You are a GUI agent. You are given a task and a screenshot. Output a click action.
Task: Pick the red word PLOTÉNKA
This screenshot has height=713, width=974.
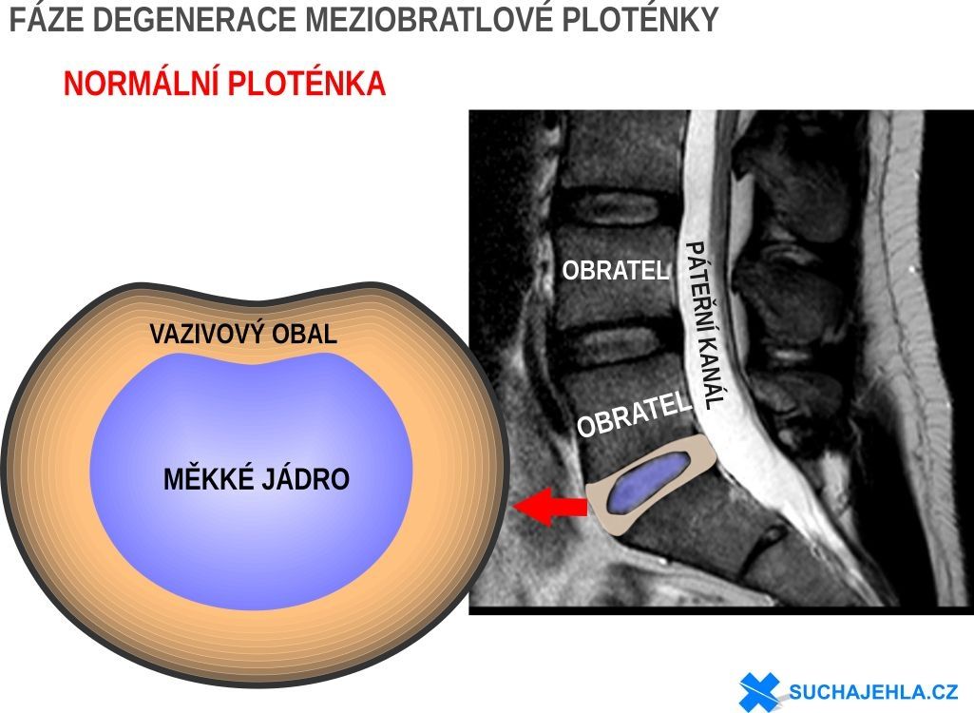pyautogui.click(x=307, y=84)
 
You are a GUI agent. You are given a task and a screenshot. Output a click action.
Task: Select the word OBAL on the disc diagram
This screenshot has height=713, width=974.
pyautogui.click(x=304, y=334)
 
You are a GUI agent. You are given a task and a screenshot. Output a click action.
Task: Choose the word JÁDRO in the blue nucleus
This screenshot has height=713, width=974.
pyautogui.click(x=303, y=478)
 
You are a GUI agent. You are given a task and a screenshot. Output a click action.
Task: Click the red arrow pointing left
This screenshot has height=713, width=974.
pyautogui.click(x=550, y=506)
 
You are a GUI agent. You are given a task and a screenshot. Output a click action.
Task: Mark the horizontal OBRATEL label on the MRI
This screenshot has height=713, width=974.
pyautogui.click(x=616, y=270)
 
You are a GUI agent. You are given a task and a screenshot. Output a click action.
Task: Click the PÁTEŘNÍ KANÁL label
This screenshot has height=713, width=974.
pyautogui.click(x=705, y=324)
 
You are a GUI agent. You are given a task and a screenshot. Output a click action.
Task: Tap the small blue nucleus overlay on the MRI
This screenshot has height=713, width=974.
pyautogui.click(x=648, y=483)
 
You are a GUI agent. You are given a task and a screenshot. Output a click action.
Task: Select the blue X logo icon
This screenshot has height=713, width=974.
pyautogui.click(x=759, y=691)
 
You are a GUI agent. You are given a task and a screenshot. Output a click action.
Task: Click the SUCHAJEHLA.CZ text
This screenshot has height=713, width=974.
pyautogui.click(x=873, y=691)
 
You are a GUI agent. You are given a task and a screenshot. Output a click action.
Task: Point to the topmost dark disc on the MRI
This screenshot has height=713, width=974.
pyautogui.click(x=615, y=209)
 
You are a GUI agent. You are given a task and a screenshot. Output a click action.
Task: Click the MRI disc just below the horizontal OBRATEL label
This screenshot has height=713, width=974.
pyautogui.click(x=615, y=345)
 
